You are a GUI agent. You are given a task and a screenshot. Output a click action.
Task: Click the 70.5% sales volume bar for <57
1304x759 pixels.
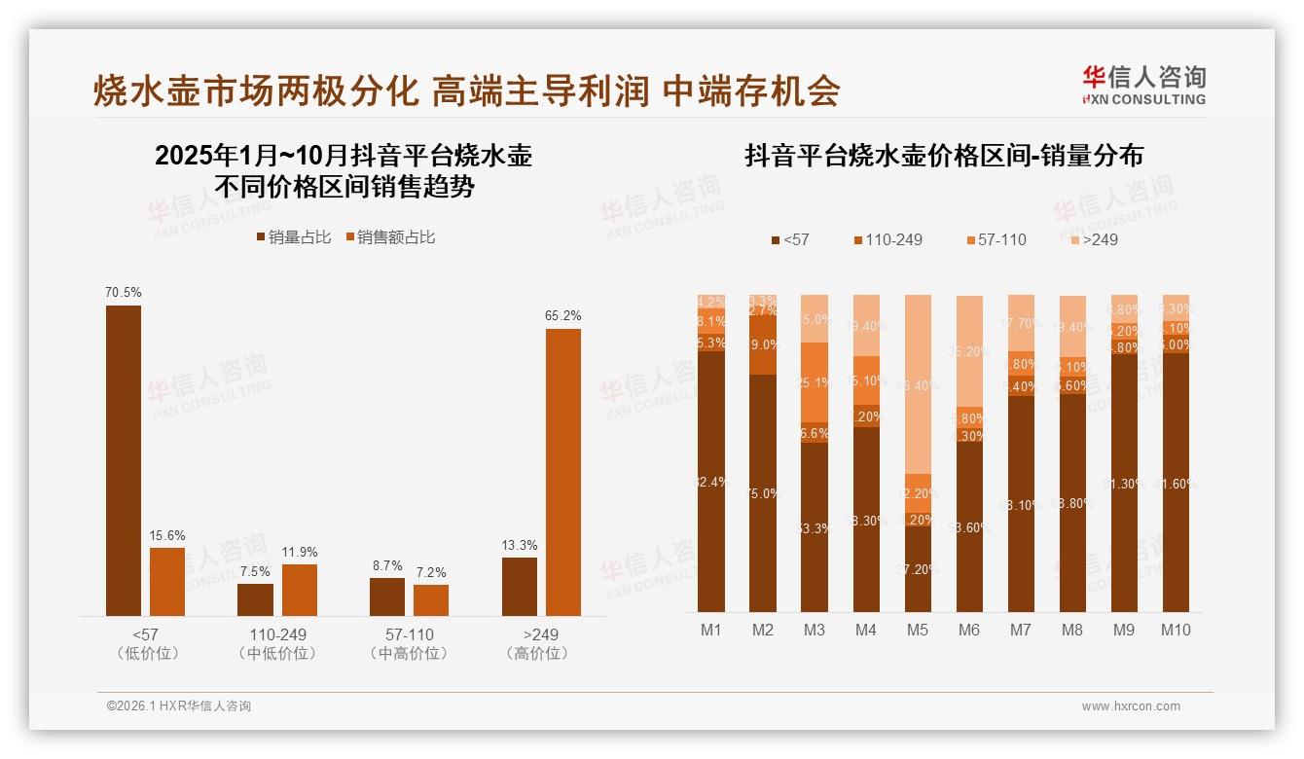coord(124,460)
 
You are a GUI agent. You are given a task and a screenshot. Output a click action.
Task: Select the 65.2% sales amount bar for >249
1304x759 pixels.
coord(562,472)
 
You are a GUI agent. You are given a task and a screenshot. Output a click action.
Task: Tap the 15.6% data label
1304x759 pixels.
coord(167,536)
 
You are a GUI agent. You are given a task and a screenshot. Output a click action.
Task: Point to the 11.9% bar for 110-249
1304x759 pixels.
coord(300,590)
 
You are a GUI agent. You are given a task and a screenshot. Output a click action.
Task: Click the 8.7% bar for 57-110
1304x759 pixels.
coord(386,596)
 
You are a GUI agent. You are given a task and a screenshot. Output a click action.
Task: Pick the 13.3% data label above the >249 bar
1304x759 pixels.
coord(520,546)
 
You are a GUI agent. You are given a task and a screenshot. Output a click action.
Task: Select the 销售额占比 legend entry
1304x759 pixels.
coord(389,237)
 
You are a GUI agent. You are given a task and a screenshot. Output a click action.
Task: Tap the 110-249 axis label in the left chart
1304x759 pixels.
coord(277,634)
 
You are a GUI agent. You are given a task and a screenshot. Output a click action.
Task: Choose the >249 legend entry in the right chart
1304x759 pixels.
coord(1093,239)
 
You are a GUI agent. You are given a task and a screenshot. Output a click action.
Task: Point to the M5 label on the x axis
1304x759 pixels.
coord(917,630)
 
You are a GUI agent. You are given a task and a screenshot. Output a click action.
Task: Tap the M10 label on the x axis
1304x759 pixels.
coord(1175,630)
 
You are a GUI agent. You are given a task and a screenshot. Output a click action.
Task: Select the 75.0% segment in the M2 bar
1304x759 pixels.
coord(763,493)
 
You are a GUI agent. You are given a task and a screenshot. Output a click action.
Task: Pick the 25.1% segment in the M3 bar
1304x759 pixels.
coord(815,382)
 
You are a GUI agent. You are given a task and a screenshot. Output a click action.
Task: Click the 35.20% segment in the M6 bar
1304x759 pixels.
coord(968,350)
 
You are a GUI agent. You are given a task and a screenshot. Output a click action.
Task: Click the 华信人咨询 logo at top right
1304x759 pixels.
coord(1143,85)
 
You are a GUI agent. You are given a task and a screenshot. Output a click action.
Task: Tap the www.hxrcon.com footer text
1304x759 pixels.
coord(1131,706)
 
